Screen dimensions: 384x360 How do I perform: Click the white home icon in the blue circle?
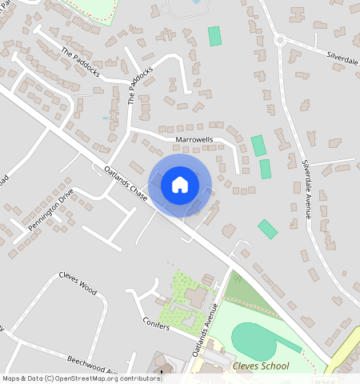(x=180, y=185)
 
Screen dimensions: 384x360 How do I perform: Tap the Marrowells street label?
(x=194, y=139)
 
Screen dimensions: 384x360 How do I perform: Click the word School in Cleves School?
(x=274, y=366)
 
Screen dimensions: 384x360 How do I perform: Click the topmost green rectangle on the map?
(x=214, y=36)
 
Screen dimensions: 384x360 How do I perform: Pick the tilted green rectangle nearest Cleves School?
(x=267, y=229)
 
